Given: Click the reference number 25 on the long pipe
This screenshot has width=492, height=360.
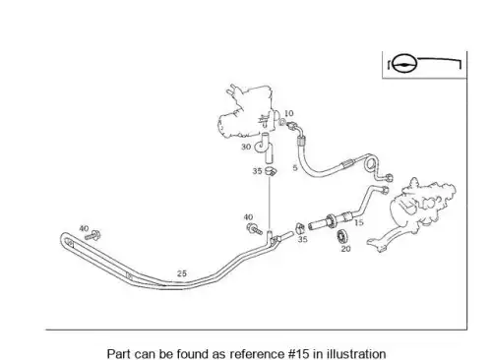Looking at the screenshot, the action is click(x=182, y=273).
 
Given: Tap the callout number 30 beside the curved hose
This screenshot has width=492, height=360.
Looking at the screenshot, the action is click(x=246, y=147).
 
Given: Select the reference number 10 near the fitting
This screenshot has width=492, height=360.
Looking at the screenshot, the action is click(x=289, y=113).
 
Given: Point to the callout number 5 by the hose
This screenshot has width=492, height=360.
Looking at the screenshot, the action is click(x=295, y=168).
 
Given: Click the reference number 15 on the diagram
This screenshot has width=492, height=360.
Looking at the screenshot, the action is click(x=359, y=222).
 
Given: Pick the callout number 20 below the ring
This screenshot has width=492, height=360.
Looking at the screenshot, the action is click(x=345, y=249).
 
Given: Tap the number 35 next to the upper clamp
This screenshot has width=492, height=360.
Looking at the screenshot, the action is click(x=257, y=171).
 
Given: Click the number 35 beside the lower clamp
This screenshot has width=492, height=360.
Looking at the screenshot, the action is click(x=302, y=239).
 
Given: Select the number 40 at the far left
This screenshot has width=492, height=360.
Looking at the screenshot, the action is click(x=84, y=228).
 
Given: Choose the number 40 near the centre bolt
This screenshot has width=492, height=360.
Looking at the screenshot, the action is click(x=248, y=217).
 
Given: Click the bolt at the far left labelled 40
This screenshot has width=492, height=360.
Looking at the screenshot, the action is click(x=92, y=236).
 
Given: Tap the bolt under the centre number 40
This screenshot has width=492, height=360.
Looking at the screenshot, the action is click(x=255, y=229).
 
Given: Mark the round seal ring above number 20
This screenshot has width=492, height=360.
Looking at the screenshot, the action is click(x=341, y=235).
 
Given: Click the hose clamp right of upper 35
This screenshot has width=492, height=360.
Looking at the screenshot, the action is click(x=271, y=171).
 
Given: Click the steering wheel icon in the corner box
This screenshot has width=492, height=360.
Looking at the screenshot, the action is click(x=404, y=63).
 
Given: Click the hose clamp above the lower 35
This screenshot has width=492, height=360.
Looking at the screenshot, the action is click(x=300, y=228).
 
